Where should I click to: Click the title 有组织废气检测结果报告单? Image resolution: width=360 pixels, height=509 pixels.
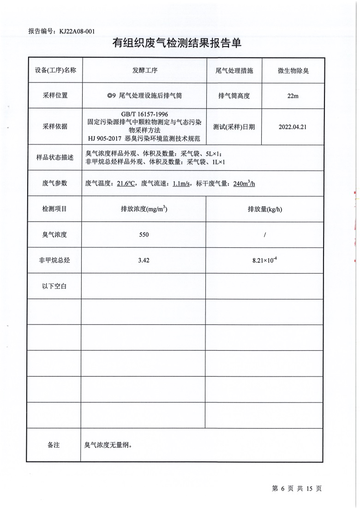(177, 43)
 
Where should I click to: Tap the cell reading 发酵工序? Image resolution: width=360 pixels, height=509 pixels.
(145, 71)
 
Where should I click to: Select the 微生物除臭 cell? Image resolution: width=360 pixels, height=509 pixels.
(293, 71)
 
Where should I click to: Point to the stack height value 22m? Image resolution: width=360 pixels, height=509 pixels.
(293, 96)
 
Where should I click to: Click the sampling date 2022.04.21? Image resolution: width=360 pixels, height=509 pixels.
(293, 126)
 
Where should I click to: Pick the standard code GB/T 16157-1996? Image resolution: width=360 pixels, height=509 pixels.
(145, 114)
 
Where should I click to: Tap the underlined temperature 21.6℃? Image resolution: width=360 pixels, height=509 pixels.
(126, 183)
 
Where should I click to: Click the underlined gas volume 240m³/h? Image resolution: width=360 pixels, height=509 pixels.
(244, 183)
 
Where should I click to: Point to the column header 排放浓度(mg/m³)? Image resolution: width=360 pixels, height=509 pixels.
(144, 209)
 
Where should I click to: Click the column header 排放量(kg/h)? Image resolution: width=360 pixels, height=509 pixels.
(264, 209)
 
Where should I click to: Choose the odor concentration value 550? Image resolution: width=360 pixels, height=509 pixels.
(144, 235)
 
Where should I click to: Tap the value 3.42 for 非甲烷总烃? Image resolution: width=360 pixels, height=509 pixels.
(144, 260)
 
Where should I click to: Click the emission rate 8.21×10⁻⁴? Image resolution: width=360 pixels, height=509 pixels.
(264, 260)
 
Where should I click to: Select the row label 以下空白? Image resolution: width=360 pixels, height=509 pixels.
(54, 286)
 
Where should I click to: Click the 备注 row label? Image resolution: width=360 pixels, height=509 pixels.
(54, 445)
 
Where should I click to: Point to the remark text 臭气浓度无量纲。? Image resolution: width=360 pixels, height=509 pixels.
(108, 445)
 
